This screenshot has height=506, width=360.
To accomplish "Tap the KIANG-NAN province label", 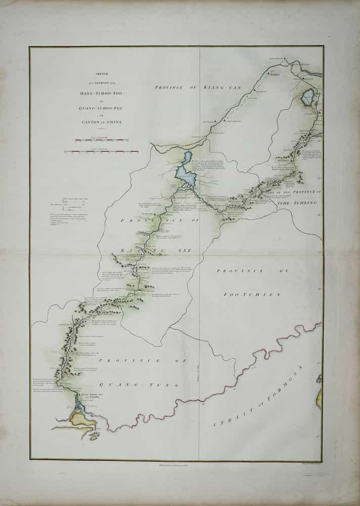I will coord(203,88).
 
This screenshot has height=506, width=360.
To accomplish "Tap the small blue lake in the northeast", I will coord(307,96).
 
